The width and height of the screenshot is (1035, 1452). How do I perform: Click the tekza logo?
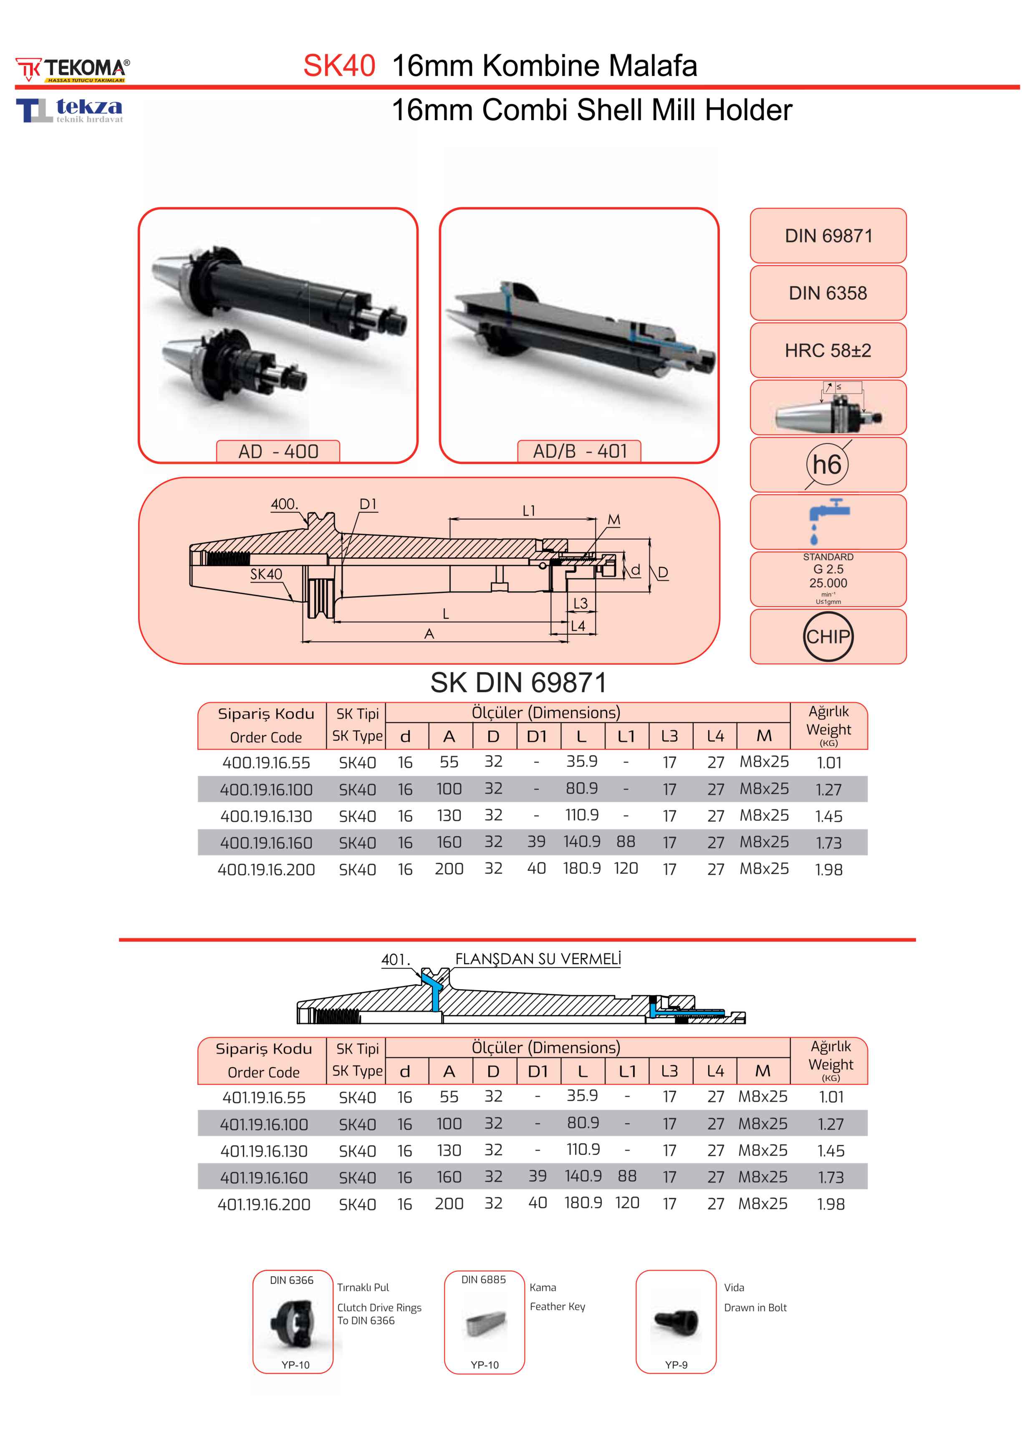coord(70,110)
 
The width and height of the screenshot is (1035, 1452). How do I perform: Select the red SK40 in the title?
coord(338,66)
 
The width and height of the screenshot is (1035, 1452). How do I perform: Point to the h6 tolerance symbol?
coord(827,464)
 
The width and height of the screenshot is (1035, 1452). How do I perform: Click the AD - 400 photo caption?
coord(278,451)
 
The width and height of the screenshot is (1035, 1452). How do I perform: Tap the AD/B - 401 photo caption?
coord(579,451)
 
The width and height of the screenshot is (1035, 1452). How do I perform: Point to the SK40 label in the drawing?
coord(266,574)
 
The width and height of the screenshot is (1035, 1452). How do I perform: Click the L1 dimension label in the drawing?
coord(529,511)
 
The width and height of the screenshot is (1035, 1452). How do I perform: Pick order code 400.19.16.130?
coord(266,816)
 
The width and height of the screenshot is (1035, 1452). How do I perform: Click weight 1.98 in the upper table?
coord(828,869)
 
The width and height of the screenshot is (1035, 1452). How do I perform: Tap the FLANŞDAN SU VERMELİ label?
coord(537,959)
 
